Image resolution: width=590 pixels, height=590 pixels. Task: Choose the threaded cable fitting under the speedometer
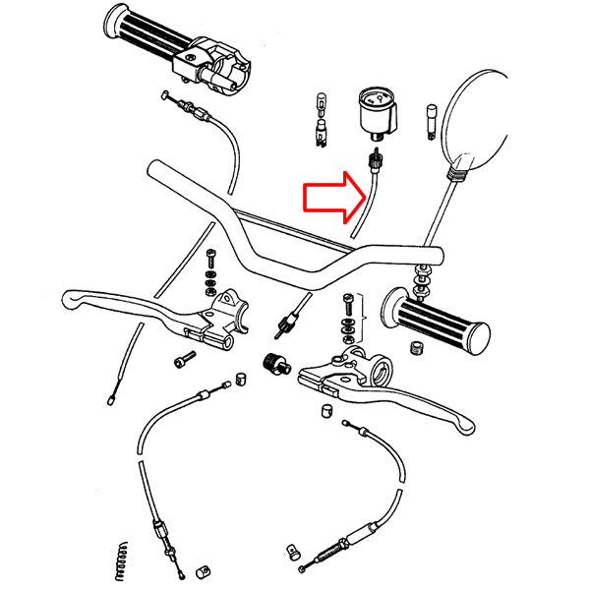tap(374, 160)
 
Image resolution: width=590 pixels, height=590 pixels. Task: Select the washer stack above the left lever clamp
tap(211, 275)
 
